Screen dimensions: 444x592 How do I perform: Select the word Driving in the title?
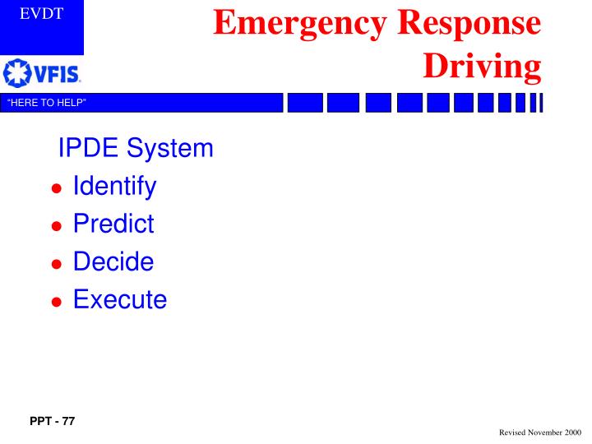click(483, 67)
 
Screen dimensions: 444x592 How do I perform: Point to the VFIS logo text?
click(56, 76)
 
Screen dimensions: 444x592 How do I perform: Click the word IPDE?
click(88, 149)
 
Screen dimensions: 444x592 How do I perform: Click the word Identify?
click(114, 187)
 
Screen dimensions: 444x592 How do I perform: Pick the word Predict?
click(113, 224)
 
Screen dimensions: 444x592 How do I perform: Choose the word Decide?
click(113, 262)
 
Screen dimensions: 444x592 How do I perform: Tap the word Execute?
click(120, 299)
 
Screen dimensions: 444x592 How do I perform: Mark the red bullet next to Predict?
click(57, 226)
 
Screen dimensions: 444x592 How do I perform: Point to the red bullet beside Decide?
click(57, 264)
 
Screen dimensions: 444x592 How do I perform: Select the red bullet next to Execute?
click(57, 301)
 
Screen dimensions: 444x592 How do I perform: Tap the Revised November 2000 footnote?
click(540, 432)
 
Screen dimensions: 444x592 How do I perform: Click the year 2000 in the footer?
click(571, 432)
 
